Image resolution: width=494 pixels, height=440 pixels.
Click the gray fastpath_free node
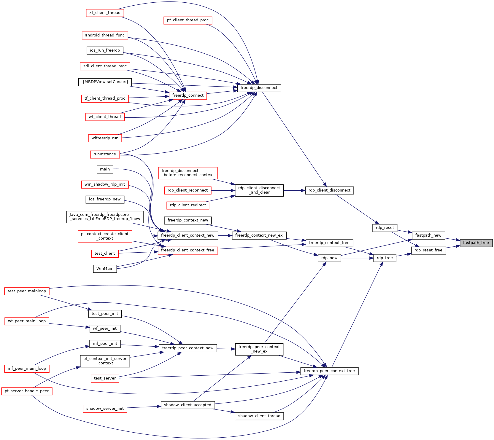click(476, 243)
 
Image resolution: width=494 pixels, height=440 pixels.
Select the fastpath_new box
click(428, 235)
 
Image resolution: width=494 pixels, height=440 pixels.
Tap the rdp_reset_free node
click(428, 250)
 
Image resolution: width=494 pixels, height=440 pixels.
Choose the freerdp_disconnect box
click(259, 88)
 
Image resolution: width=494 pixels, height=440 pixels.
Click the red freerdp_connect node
click(188, 95)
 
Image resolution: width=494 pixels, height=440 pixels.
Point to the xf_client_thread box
click(105, 13)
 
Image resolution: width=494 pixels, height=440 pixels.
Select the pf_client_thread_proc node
click(188, 20)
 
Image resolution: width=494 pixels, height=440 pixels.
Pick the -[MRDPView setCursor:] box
click(105, 82)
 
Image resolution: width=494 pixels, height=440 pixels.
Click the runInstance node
click(105, 154)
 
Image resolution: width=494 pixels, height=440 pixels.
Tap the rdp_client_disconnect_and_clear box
click(259, 190)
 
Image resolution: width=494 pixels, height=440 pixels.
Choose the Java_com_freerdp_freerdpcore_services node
click(105, 217)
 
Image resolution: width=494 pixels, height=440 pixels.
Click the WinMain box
click(105, 269)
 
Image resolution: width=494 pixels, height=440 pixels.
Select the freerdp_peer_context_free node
click(329, 371)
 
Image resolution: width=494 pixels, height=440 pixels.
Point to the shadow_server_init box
click(105, 409)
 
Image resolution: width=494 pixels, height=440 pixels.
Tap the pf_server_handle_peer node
click(27, 391)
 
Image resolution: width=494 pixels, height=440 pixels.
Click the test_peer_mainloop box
click(27, 291)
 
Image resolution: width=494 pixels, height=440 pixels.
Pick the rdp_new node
click(329, 258)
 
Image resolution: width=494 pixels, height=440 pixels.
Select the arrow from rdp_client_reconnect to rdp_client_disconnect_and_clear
click(223, 190)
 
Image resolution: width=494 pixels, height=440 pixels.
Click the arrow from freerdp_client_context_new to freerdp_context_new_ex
click(225, 236)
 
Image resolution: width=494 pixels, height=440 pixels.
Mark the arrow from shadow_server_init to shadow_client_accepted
click(144, 407)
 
